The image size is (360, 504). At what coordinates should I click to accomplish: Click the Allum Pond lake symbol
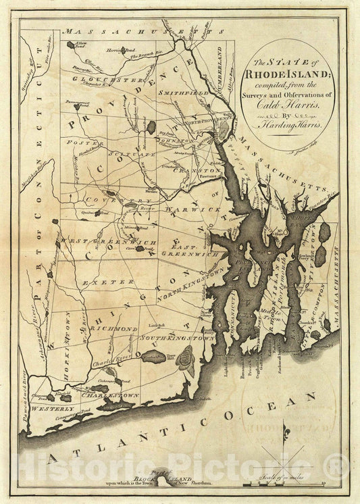pos(71,45)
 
